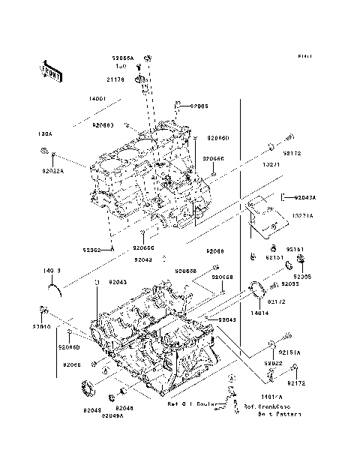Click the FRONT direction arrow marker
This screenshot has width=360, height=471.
(52, 71)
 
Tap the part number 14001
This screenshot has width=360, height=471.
(97, 99)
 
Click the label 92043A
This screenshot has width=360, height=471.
(304, 197)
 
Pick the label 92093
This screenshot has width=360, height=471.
(291, 284)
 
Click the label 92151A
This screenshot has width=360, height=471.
(289, 352)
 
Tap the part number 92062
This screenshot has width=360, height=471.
(94, 250)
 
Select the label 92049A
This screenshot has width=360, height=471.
(112, 415)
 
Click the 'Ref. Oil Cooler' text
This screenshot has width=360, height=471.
(192, 404)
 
